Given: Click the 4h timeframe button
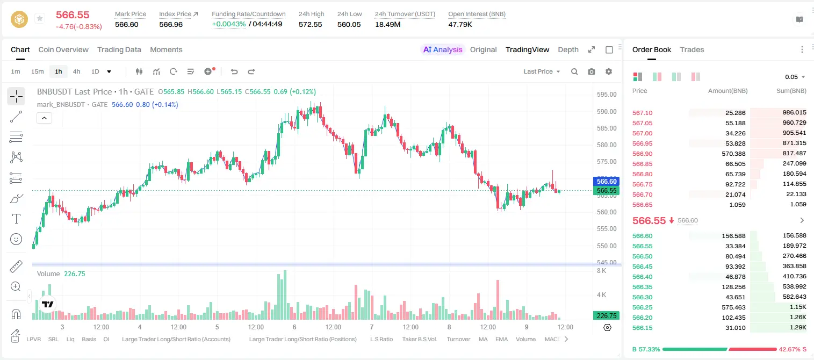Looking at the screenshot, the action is pyautogui.click(x=76, y=71).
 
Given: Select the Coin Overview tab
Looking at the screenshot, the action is pyautogui.click(x=63, y=49).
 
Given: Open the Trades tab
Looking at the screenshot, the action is pyautogui.click(x=692, y=49).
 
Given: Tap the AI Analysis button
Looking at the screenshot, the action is pyautogui.click(x=443, y=49).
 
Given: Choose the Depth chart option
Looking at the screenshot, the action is pyautogui.click(x=568, y=49).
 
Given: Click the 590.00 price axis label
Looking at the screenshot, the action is pyautogui.click(x=607, y=112).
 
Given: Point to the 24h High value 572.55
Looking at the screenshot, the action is pyautogui.click(x=311, y=24).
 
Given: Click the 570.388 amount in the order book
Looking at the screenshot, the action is pyautogui.click(x=733, y=154).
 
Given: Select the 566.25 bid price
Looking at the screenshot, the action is pyautogui.click(x=642, y=307).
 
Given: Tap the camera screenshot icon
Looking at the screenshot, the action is pyautogui.click(x=592, y=71).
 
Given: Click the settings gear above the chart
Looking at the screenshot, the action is pyautogui.click(x=609, y=71).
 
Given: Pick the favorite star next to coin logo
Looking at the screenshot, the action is pyautogui.click(x=40, y=18).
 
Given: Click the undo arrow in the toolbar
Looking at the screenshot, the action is pyautogui.click(x=234, y=71).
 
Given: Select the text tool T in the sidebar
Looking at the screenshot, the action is pyautogui.click(x=16, y=219).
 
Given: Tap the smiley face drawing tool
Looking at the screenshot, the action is pyautogui.click(x=16, y=239).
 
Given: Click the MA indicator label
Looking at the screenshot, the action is pyautogui.click(x=483, y=339).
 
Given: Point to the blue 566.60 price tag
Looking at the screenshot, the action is pyautogui.click(x=607, y=181).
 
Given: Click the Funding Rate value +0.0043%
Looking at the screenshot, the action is pyautogui.click(x=229, y=24).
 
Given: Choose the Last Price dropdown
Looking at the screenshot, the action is pyautogui.click(x=542, y=71).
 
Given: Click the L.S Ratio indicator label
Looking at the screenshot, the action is pyautogui.click(x=381, y=339).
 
